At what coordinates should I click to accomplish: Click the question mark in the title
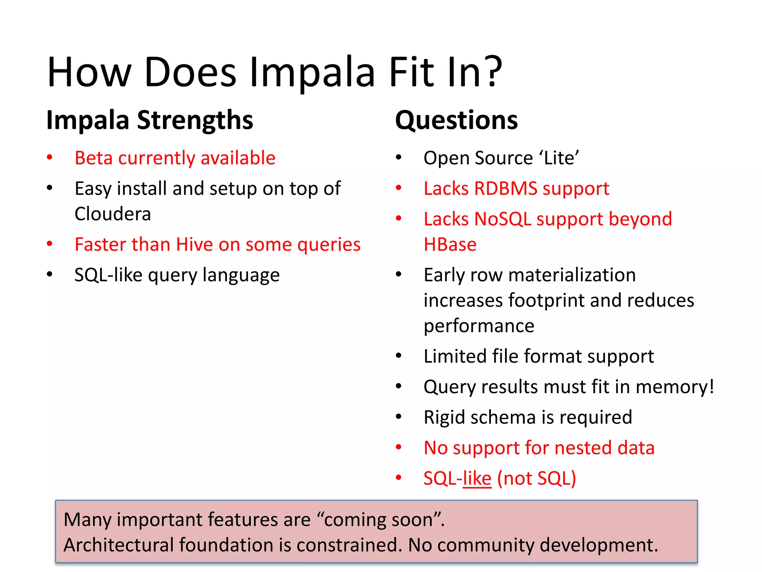[490, 71]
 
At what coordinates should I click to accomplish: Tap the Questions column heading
[456, 120]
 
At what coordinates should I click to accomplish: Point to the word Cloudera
[113, 214]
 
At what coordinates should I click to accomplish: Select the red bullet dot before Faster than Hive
[49, 244]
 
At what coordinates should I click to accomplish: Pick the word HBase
[450, 245]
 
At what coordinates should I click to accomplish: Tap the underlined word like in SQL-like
[477, 479]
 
